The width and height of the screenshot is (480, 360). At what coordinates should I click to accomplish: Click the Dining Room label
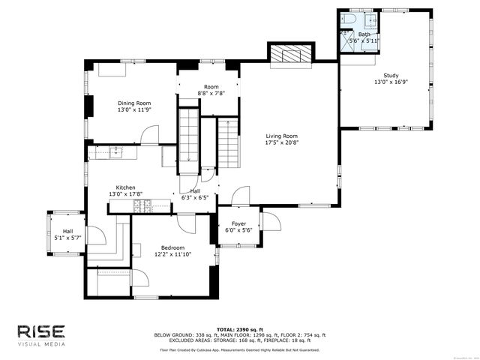(x=134, y=103)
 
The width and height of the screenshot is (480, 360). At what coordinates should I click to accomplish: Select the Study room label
(x=391, y=75)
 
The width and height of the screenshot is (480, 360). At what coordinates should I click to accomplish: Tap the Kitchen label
(x=125, y=187)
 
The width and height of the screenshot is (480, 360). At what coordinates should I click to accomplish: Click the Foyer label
(x=238, y=223)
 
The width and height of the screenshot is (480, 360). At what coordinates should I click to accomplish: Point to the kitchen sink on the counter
(x=115, y=153)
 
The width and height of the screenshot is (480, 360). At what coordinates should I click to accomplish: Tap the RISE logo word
(x=41, y=331)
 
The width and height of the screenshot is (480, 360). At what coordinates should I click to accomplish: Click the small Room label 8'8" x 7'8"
(x=211, y=87)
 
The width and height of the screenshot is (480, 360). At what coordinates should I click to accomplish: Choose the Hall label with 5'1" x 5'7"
(x=67, y=231)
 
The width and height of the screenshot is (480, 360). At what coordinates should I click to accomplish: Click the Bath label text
(x=364, y=34)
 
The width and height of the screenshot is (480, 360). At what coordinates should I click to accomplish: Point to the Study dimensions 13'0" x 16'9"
(x=391, y=82)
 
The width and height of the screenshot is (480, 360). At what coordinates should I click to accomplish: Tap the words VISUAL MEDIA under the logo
(x=41, y=344)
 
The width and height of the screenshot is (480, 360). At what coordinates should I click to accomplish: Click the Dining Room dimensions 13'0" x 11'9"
(x=134, y=109)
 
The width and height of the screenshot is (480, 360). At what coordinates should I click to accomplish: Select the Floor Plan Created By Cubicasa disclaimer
(x=239, y=349)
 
